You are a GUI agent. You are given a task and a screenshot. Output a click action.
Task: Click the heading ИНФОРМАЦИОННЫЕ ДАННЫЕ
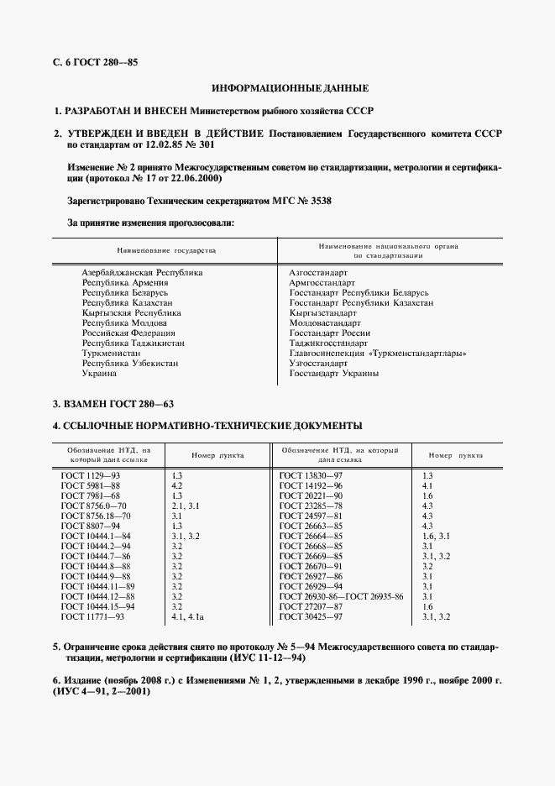[x=290, y=87]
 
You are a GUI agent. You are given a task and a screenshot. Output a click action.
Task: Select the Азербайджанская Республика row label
[x=142, y=273]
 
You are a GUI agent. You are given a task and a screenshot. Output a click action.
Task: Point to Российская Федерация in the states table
[x=124, y=333]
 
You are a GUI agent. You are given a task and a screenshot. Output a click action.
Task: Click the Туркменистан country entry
[x=111, y=354]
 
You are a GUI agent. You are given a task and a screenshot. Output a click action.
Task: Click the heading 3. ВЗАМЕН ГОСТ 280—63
[x=113, y=405]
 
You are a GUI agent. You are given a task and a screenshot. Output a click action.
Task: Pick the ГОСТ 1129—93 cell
[x=92, y=475]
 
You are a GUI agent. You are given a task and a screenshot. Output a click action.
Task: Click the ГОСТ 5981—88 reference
[x=92, y=485]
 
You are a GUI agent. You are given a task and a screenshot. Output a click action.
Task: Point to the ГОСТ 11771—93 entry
[x=93, y=617]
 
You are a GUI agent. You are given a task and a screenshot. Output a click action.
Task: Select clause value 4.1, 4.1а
[x=188, y=617]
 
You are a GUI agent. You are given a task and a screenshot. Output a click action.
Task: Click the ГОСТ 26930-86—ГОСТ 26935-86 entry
[x=341, y=596]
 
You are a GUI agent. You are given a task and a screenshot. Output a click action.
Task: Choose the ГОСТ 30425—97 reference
[x=311, y=617]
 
